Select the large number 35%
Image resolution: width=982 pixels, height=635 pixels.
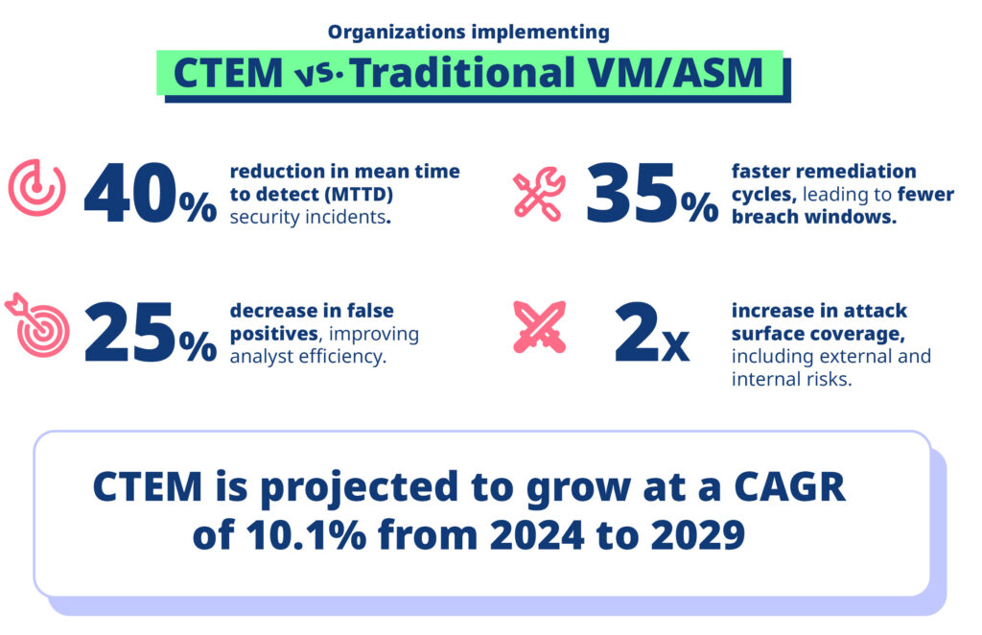tap(650, 195)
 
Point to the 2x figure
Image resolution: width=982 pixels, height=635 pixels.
tap(650, 335)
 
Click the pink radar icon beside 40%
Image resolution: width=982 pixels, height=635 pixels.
tap(36, 188)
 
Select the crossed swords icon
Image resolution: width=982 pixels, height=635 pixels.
tap(539, 327)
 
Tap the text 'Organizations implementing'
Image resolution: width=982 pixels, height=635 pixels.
tap(468, 32)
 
